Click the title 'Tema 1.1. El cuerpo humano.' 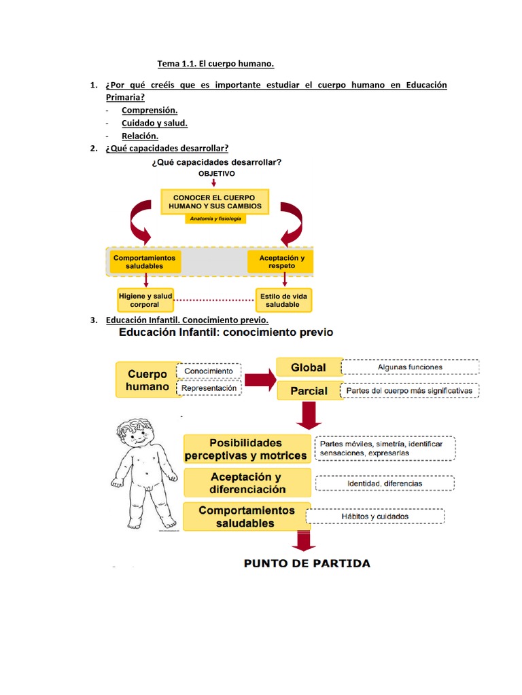point(215,64)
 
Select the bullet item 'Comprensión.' point(150,110)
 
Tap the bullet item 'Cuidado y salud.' point(154,123)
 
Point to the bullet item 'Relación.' point(139,136)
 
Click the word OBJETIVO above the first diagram point(217,174)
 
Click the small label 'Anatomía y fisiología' point(214,219)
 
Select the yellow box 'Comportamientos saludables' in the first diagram point(144,262)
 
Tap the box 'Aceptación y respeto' point(282,262)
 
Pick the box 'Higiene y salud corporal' point(145,300)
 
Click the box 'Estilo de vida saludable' point(283,300)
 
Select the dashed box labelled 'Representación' point(209,388)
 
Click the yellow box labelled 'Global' point(308,367)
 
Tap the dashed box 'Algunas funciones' point(410,367)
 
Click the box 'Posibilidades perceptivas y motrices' point(246,449)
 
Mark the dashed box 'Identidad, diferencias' point(385,483)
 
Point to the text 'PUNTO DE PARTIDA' point(307,563)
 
